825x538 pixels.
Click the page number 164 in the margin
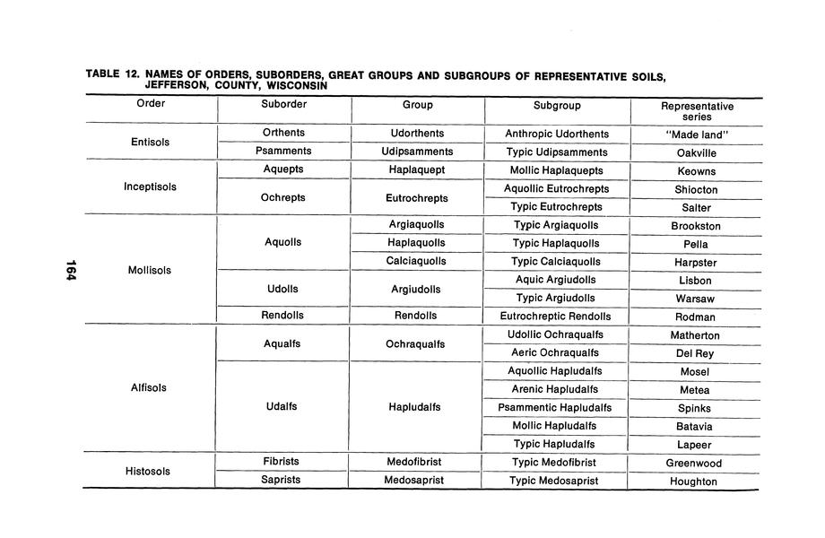point(70,269)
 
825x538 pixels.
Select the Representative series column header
point(697,111)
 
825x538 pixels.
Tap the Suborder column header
point(283,105)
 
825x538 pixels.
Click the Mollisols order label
point(150,270)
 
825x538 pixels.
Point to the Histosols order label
point(150,471)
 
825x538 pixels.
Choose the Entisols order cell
point(150,143)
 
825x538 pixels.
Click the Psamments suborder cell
point(283,152)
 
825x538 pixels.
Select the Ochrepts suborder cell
point(283,197)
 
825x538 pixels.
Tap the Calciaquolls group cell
point(416,262)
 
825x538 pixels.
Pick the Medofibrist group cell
point(416,462)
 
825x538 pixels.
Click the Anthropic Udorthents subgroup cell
point(557,134)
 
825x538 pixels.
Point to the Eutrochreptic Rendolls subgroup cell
point(557,316)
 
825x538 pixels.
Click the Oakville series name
point(696,152)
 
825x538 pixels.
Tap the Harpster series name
point(696,263)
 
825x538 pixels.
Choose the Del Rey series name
point(696,353)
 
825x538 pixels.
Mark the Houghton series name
point(694,482)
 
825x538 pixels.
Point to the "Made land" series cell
point(696,134)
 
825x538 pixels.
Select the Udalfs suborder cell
point(282,407)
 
